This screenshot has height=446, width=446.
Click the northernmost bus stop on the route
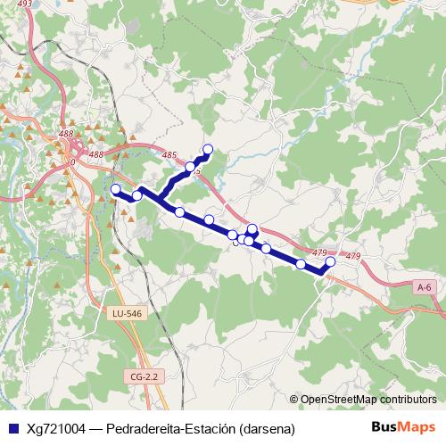click(x=209, y=149)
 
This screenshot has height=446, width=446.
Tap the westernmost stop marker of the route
click(x=115, y=189)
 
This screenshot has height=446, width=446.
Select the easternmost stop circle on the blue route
click(x=331, y=261)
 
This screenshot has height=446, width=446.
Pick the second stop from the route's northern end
click(x=190, y=167)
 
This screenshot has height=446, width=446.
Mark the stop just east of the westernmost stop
click(x=137, y=195)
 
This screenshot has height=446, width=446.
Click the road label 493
click(x=24, y=4)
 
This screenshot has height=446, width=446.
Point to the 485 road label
click(x=170, y=155)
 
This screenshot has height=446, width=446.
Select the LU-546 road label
click(x=128, y=314)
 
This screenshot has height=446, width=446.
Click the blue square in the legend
click(x=12, y=428)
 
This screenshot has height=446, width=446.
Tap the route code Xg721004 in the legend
click(x=57, y=428)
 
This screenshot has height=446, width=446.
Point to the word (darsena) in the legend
click(x=267, y=428)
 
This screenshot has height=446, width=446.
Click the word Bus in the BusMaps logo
click(x=386, y=427)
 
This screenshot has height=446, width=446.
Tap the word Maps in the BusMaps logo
click(x=419, y=427)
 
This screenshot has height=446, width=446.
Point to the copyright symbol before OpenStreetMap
click(x=293, y=400)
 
